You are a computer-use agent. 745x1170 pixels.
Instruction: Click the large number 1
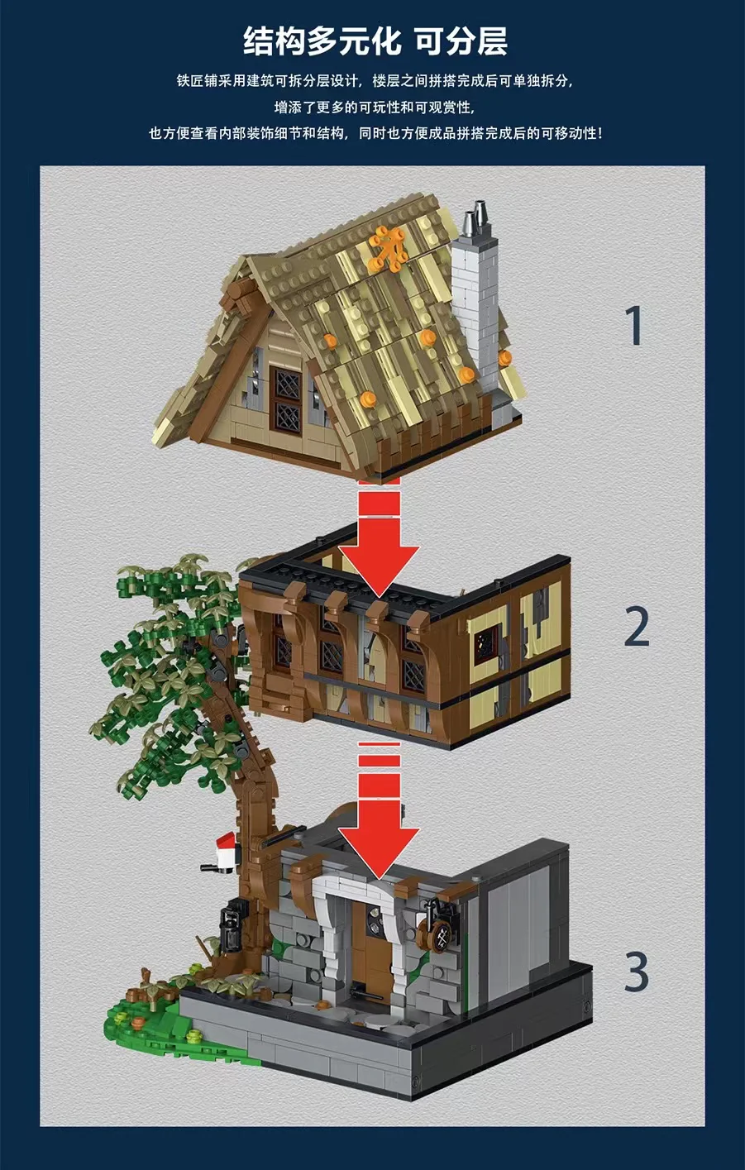point(635,326)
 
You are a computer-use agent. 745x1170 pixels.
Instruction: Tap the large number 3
point(637,972)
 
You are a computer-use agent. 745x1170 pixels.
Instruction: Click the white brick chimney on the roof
point(475,311)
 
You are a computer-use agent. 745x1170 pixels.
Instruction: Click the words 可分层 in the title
point(461,41)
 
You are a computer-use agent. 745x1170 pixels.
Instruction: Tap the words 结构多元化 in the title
point(322,41)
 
